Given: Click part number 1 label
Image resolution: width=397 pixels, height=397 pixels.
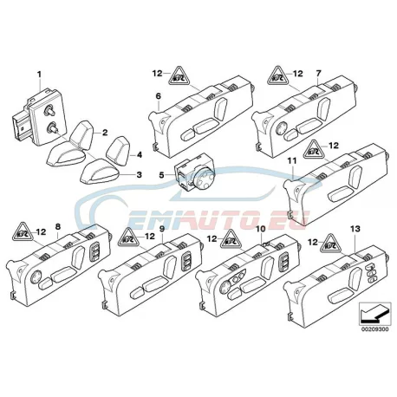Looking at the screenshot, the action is coord(39,75).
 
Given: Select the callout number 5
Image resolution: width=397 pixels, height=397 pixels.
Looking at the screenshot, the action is coord(161,175).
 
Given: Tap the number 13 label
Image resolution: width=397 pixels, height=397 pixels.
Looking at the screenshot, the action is coord(355,229).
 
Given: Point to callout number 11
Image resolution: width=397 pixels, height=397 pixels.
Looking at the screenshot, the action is coord(292,161).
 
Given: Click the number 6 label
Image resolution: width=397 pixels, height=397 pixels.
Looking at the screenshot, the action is coord(159,96).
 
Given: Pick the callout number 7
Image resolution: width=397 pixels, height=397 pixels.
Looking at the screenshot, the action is coord(318,74).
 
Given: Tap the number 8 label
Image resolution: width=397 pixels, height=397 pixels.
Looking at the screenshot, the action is coord(58,227).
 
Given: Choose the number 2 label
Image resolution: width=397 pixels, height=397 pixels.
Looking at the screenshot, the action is coord(105,133).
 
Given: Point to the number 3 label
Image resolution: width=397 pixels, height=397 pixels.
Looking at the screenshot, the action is coord(140,175).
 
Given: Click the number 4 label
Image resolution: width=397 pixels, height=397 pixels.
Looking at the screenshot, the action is coord(140,155).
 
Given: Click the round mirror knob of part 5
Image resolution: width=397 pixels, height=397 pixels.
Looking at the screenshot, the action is coord(205,176).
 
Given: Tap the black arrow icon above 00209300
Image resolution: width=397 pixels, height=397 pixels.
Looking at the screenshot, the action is coord(374,314).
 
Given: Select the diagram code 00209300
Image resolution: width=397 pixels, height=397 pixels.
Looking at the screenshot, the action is coord(374,329).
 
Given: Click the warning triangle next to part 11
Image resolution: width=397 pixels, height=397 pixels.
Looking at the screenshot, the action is coord(313,149).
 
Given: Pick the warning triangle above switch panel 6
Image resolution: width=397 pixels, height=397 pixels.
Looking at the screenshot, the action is coord(179,75).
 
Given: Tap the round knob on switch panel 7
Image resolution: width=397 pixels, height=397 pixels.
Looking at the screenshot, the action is coord(283,127).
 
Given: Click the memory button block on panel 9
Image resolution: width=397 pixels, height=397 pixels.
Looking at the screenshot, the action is coord(186,261).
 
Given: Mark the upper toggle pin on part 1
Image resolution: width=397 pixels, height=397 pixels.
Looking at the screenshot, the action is coord(47,111).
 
